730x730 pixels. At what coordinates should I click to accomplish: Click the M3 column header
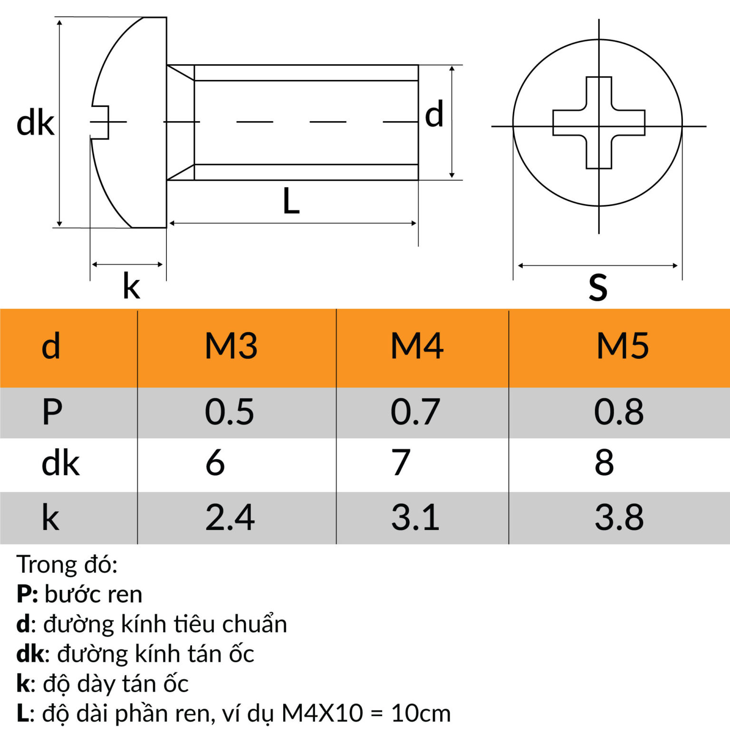tap(231, 346)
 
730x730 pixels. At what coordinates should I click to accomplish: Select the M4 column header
tap(416, 346)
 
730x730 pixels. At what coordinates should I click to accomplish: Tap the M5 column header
tap(622, 346)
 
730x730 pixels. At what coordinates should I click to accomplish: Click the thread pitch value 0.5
tap(229, 412)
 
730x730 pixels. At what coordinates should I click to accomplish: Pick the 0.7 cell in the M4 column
tap(415, 412)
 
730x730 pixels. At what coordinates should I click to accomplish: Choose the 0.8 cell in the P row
tap(619, 412)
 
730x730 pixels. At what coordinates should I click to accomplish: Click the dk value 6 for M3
tap(215, 462)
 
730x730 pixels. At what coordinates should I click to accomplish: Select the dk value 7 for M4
tap(401, 462)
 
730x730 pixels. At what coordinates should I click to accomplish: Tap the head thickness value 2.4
tap(230, 518)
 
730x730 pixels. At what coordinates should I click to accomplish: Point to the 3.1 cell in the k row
tap(415, 518)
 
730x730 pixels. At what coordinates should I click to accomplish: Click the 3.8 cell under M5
tap(619, 518)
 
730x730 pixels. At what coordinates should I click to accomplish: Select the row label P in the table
tap(52, 412)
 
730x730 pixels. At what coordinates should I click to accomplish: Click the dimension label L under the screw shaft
tap(291, 202)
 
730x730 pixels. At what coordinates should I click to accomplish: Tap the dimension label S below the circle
tap(598, 288)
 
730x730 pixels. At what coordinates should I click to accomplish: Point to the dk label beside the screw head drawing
tap(35, 124)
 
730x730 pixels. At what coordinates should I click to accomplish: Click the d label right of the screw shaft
tap(434, 115)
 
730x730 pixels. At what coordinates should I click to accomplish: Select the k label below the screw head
tap(131, 287)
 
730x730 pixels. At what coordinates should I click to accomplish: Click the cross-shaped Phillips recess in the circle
tap(599, 123)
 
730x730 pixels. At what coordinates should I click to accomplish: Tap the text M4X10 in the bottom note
tap(322, 713)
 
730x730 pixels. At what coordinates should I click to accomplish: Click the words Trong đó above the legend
tap(67, 565)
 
